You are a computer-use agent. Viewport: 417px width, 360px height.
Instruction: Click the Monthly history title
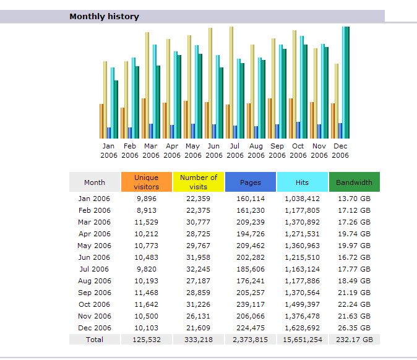[104, 17]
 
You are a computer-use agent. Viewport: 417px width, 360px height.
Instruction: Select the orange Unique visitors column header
[146, 182]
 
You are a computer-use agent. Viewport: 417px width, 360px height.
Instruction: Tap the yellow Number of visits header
[199, 182]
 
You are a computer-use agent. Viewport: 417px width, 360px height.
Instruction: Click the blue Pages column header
[251, 182]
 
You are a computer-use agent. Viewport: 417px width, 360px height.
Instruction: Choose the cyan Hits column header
[302, 182]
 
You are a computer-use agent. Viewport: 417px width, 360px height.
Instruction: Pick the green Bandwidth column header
[354, 182]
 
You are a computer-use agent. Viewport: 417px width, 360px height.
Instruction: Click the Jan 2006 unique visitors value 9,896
[147, 199]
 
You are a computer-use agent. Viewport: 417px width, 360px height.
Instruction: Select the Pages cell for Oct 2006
[251, 304]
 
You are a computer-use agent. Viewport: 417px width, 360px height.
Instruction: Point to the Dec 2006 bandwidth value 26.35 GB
[354, 328]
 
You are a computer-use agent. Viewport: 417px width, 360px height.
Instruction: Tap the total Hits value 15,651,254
[302, 340]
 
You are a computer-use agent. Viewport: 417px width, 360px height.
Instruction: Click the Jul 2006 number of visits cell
[199, 269]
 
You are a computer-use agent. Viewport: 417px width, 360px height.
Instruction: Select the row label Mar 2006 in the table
[95, 222]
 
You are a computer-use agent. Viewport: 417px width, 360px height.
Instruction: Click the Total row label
[95, 340]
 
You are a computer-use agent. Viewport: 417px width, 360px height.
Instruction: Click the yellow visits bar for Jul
[231, 80]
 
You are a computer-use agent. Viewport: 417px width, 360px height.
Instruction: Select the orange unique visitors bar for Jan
[101, 121]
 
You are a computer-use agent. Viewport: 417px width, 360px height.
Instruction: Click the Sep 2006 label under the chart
[277, 151]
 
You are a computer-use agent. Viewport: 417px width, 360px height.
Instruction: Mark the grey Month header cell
[95, 182]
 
